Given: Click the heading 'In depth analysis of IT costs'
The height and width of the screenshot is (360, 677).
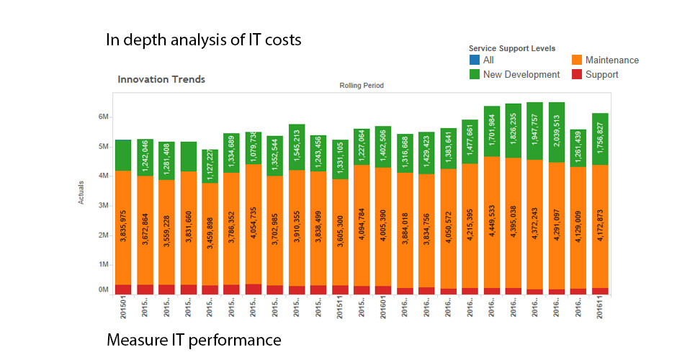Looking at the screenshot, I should tap(203, 40).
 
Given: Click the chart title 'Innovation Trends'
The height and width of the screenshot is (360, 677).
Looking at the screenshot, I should tap(161, 79).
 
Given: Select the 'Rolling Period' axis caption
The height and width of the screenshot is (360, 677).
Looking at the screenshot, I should tap(362, 86).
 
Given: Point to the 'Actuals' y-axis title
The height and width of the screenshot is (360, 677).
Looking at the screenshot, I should tap(81, 192).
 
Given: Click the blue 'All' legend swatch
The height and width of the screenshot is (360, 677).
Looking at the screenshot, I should tap(475, 60).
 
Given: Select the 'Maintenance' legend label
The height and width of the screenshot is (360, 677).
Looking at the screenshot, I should tap(612, 60).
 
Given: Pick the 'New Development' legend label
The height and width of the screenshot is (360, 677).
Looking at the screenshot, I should tap(521, 74).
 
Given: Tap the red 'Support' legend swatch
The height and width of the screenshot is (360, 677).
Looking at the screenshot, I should tap(577, 74).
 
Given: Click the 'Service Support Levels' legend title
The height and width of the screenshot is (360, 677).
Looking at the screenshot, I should tap(511, 48).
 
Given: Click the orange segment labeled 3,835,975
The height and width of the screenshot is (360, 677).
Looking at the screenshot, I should tap(123, 227).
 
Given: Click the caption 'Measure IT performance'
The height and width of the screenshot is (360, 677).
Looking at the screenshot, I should tap(194, 338).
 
